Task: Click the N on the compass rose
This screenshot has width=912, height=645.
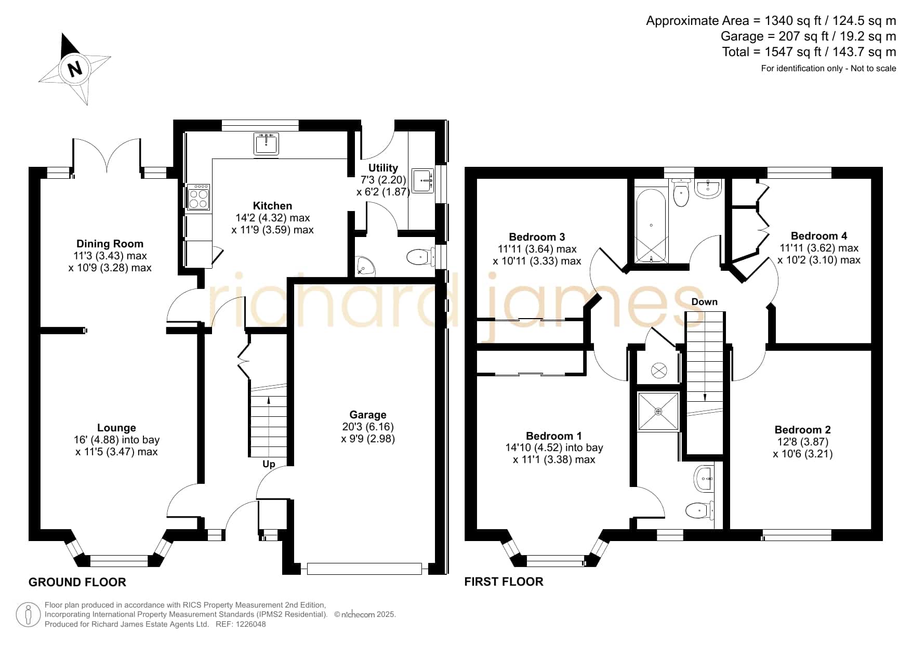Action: tap(75, 69)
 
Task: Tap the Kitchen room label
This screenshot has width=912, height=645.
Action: tap(272, 206)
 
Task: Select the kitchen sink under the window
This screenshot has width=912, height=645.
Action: tap(267, 143)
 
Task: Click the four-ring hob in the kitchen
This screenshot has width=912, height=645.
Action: tap(198, 197)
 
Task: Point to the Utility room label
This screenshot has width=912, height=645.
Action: tap(383, 168)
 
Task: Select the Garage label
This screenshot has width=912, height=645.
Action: tap(368, 415)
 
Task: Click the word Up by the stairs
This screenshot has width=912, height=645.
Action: tap(269, 464)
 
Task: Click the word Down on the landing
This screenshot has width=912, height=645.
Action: tap(704, 302)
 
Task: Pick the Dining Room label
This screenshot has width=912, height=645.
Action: tap(110, 244)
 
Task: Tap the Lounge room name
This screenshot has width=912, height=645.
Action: tap(116, 428)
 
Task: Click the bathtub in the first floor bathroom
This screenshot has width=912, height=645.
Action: tap(651, 226)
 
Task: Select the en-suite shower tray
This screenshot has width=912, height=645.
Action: tap(658, 412)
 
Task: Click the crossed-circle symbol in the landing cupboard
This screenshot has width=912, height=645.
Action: tap(659, 371)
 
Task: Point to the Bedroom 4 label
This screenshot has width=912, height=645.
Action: tap(819, 236)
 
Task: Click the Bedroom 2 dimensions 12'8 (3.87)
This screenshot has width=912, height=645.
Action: tap(802, 442)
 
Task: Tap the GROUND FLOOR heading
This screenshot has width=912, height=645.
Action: tap(77, 582)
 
